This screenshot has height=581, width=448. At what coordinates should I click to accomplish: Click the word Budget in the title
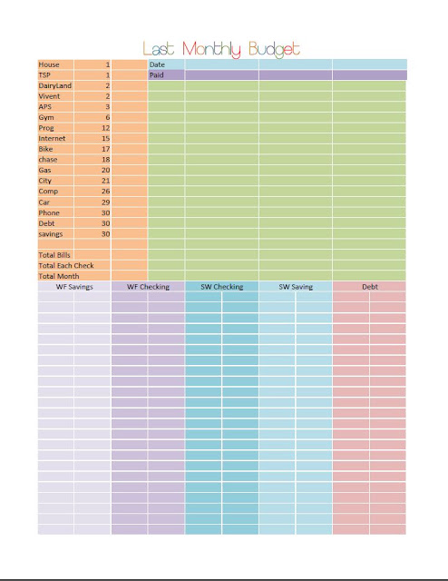tap(275, 50)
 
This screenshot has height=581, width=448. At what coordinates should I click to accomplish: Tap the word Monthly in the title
tap(212, 50)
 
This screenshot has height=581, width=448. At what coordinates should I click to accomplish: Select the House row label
tap(49, 64)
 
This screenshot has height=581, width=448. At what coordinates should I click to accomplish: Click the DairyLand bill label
tap(54, 85)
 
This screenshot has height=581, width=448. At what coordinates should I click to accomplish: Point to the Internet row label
tap(52, 138)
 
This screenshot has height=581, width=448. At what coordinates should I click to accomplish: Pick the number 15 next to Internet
tap(106, 138)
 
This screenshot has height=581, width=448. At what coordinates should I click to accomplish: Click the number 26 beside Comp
tap(106, 192)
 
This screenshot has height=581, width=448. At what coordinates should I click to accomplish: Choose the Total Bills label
tap(54, 255)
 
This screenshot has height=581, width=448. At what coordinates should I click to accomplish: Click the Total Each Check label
tap(66, 265)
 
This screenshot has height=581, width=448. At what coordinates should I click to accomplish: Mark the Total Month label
tap(59, 276)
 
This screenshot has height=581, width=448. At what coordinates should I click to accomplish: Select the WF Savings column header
tap(74, 287)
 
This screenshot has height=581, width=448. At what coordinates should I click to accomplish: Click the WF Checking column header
tap(148, 287)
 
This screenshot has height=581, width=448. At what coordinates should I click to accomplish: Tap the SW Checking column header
tap(222, 287)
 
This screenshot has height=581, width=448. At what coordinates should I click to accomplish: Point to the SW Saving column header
tap(296, 287)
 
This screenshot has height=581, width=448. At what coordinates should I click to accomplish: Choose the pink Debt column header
tap(370, 287)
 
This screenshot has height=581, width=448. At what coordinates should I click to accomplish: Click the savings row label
tap(51, 234)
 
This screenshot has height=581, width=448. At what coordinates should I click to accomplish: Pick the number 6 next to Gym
tap(108, 117)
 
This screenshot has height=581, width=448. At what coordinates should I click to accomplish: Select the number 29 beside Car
tap(106, 202)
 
